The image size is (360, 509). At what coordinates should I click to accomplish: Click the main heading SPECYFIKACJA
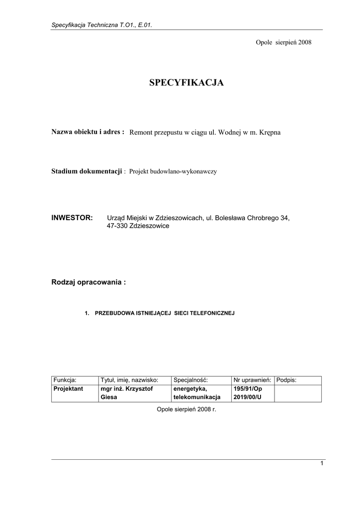coord(186,83)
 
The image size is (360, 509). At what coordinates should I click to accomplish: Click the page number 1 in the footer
coord(322,463)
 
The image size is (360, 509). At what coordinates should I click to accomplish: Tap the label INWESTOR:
coord(72,218)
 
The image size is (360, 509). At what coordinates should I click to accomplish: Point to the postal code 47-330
coord(117,226)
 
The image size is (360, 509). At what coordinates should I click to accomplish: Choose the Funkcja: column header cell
coord(65,380)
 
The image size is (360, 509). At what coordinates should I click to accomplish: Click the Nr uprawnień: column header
coord(252,380)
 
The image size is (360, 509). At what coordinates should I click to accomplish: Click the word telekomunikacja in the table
coord(196,397)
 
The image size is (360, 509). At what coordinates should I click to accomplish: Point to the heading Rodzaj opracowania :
coord(89,282)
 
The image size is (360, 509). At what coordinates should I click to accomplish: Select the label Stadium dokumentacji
coord(87,171)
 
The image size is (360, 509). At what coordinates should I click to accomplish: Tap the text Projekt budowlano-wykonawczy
coord(173,171)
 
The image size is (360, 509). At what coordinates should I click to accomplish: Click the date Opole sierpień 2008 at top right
coord(283,43)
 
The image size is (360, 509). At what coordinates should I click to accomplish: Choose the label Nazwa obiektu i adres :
coord(88,132)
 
